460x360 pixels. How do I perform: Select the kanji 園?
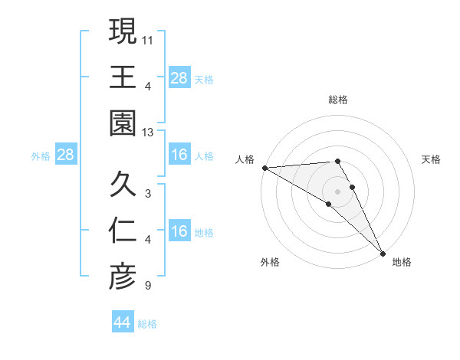(x=123, y=123)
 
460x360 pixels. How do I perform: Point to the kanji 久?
(x=123, y=185)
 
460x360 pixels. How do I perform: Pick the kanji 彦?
(x=123, y=277)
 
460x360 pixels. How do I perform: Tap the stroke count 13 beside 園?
(x=149, y=133)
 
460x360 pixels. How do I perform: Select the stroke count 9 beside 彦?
(x=147, y=286)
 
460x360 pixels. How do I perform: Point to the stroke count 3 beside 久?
(x=147, y=193)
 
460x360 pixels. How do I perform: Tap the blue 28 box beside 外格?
(x=66, y=155)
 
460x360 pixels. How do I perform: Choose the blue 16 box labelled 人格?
(x=179, y=155)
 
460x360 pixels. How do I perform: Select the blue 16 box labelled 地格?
(x=179, y=231)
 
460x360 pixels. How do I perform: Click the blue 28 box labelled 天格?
(x=179, y=77)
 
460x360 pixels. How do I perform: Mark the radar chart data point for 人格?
(x=264, y=168)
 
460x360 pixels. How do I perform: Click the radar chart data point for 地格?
(x=383, y=252)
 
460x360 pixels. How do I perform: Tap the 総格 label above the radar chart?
(x=338, y=100)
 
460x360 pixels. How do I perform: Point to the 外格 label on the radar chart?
(x=270, y=262)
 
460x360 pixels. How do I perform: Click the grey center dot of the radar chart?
(x=338, y=190)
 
